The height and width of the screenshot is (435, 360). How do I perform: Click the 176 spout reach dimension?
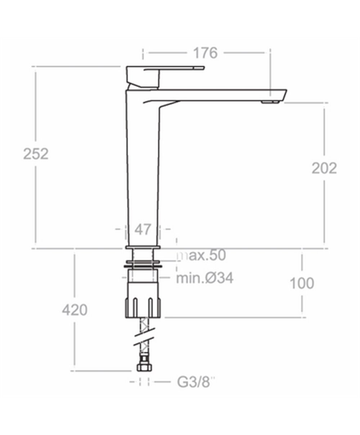click(x=206, y=53)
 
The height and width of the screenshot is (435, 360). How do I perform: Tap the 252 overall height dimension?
click(x=36, y=154)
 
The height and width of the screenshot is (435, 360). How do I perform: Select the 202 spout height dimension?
click(x=324, y=168)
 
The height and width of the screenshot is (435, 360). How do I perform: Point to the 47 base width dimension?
click(x=143, y=230)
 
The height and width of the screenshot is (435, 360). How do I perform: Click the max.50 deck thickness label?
click(x=201, y=255)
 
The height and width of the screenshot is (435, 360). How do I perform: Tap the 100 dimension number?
click(x=302, y=283)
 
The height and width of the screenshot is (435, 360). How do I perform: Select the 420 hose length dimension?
click(x=75, y=310)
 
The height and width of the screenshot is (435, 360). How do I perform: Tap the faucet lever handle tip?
click(x=202, y=68)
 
